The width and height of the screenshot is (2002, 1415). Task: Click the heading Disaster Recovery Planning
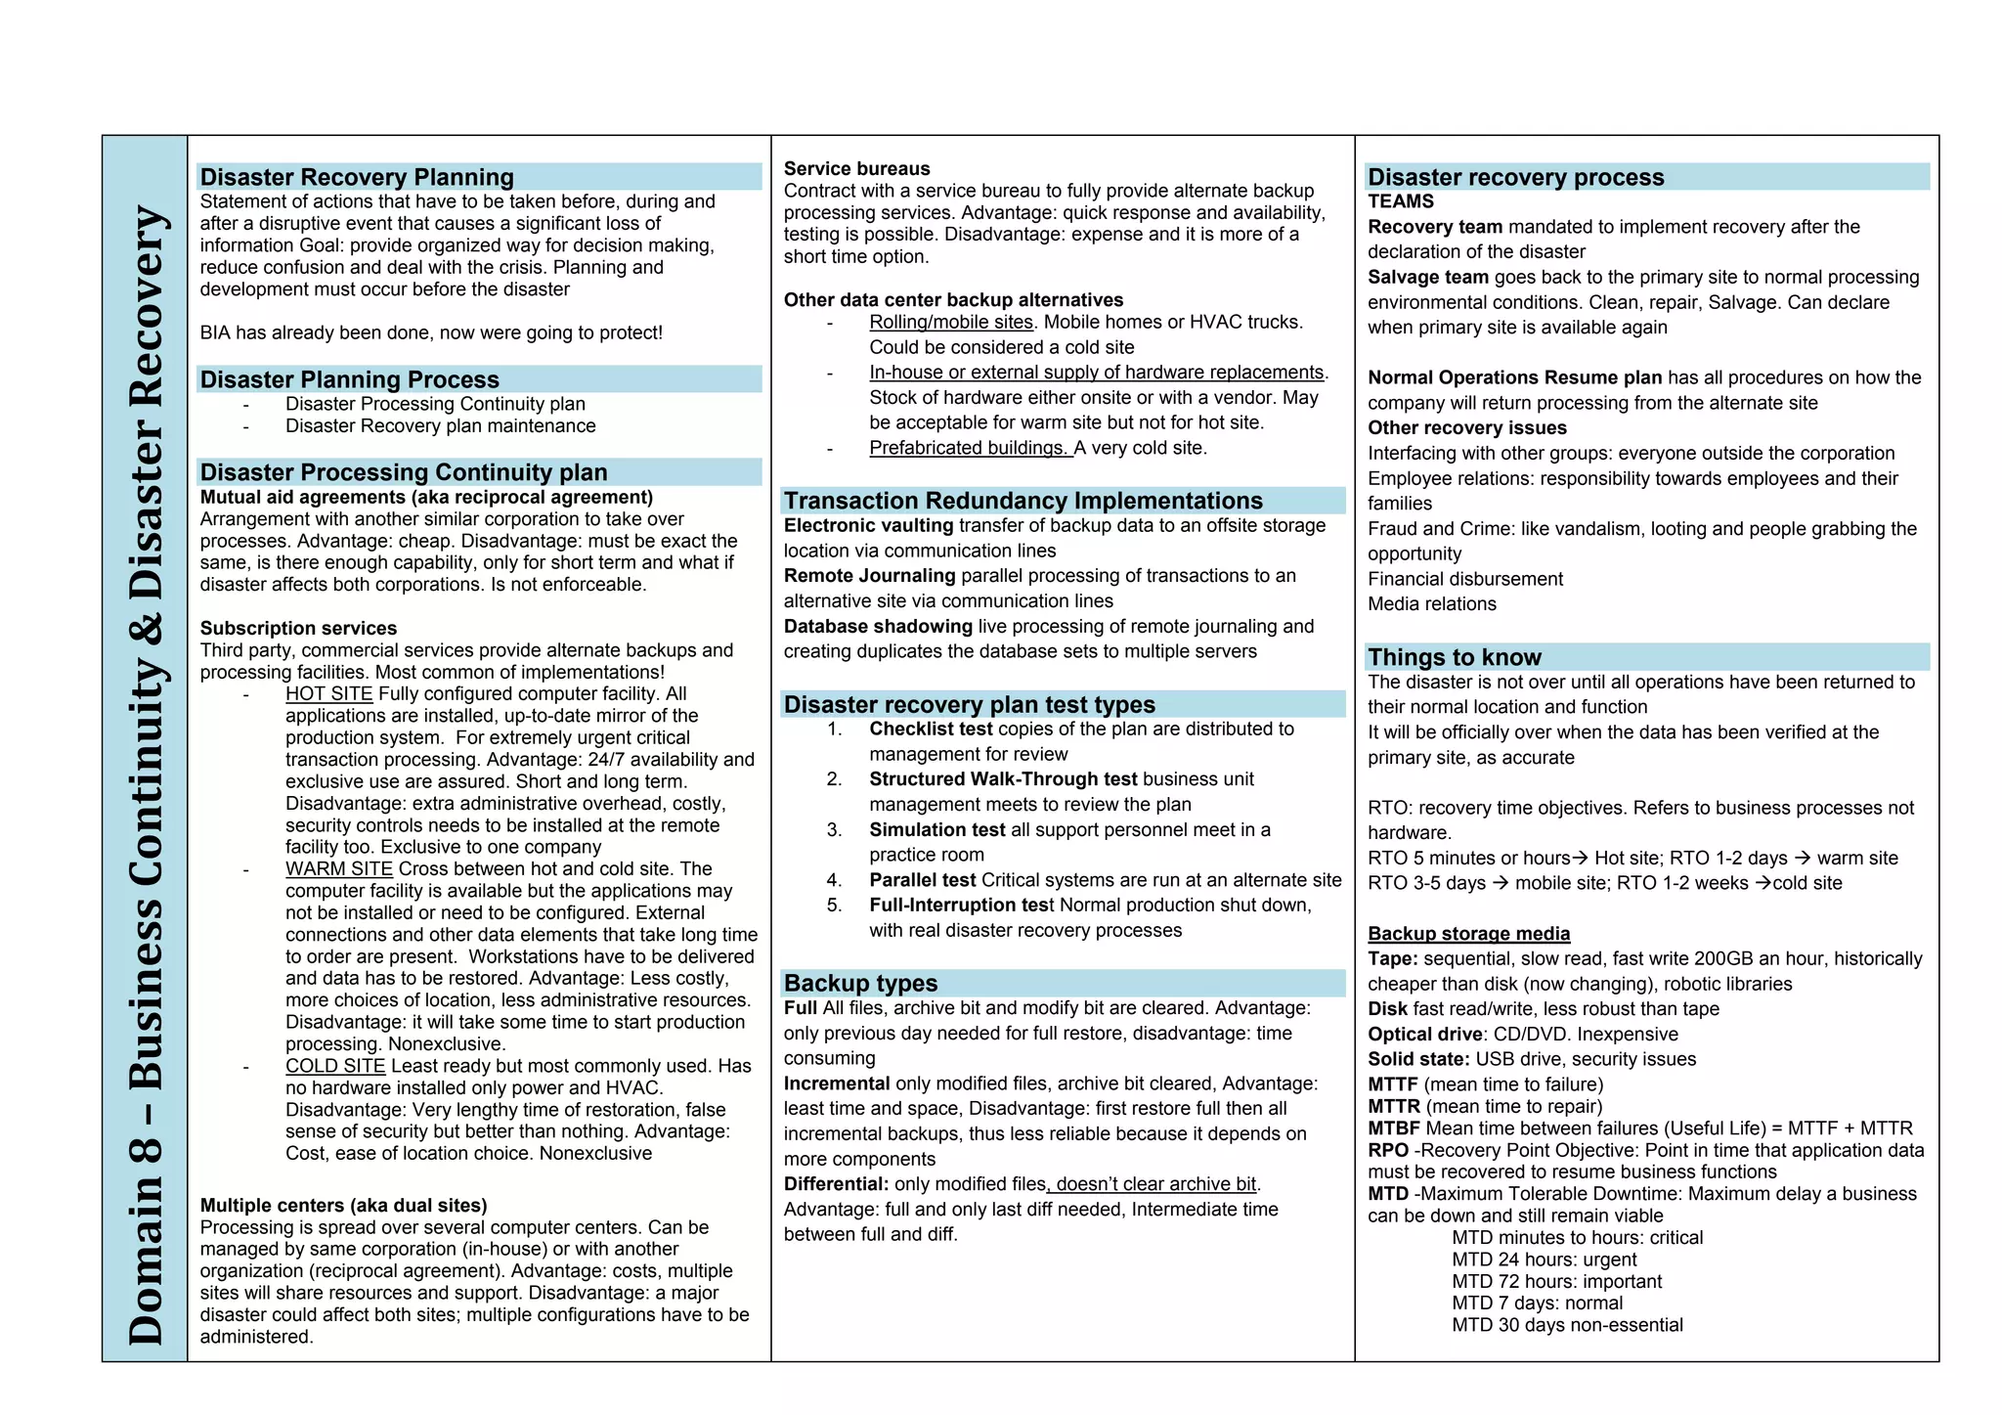click(x=357, y=177)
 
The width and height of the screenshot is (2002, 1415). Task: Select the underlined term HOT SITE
click(x=328, y=694)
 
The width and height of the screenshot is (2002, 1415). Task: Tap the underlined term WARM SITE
click(x=338, y=869)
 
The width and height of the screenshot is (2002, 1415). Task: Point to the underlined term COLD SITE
click(x=335, y=1066)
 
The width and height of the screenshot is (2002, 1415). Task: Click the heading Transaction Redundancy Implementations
click(x=1023, y=501)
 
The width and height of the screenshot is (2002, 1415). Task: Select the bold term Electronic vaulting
click(x=868, y=526)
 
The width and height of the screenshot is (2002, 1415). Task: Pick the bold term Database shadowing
click(x=877, y=627)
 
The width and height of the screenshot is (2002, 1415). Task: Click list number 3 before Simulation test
click(x=834, y=830)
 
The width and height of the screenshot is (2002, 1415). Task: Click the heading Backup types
click(x=860, y=983)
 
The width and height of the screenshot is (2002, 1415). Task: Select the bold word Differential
click(x=836, y=1184)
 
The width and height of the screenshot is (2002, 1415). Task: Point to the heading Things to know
click(x=1454, y=657)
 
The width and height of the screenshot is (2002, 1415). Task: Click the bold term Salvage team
click(x=1427, y=278)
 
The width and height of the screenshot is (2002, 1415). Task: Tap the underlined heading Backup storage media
click(x=1468, y=934)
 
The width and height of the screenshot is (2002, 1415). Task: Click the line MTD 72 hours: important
click(x=1556, y=1282)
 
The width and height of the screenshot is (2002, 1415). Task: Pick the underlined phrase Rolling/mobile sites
click(x=950, y=323)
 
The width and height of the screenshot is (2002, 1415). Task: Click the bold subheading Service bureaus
click(x=856, y=169)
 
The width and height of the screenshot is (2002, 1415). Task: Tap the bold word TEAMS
click(x=1400, y=201)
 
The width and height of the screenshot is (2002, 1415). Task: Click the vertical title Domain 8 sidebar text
click(x=146, y=773)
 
